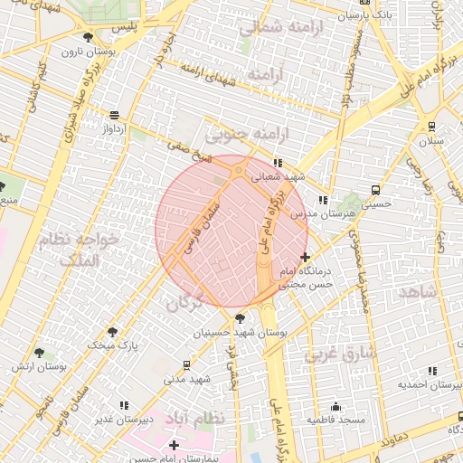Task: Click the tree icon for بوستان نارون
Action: (88, 37)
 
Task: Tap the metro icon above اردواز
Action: (114, 115)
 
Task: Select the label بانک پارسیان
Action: (366, 15)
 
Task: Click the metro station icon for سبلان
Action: (433, 126)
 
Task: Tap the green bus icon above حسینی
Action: (375, 191)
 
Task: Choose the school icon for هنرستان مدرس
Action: (322, 200)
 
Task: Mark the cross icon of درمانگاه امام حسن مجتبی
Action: (305, 258)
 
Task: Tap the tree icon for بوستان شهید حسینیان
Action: (239, 318)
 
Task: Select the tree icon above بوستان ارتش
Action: (38, 353)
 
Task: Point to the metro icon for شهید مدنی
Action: (186, 364)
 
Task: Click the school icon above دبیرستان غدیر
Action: (123, 405)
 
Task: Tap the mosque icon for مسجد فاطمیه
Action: (335, 407)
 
